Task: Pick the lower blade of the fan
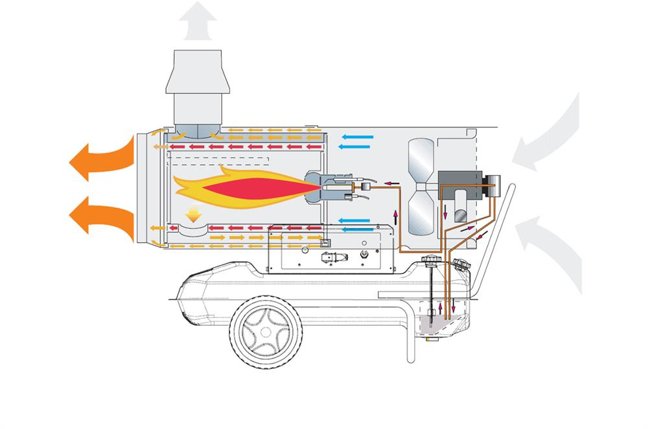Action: click(422, 214)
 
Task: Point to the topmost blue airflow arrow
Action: click(358, 137)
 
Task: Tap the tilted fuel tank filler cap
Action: click(462, 264)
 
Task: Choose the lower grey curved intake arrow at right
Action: click(551, 249)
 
